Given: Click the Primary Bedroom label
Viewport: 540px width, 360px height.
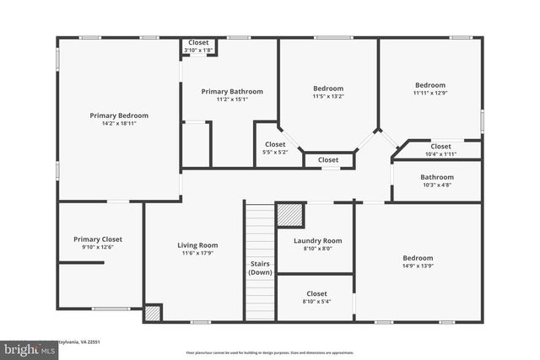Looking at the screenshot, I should (119, 116).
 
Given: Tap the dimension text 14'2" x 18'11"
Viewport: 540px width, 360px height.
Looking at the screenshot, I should (119, 123).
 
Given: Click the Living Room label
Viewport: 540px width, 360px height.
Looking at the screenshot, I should (197, 245).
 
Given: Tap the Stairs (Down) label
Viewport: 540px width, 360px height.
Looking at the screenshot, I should (260, 268).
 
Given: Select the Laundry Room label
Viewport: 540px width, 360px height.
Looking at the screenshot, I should (317, 240).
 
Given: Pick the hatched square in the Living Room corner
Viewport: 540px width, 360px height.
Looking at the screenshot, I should (152, 312).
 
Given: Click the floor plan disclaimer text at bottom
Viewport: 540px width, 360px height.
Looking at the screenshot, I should (270, 352).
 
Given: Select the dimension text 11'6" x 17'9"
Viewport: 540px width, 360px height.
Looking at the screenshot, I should (197, 253).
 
